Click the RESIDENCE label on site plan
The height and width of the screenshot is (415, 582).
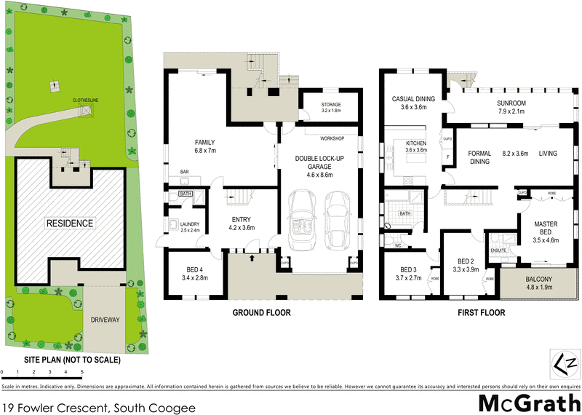click(x=70, y=223)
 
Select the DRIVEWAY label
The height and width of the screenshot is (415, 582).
click(x=105, y=320)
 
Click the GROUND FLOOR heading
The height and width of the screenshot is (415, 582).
click(x=261, y=313)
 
